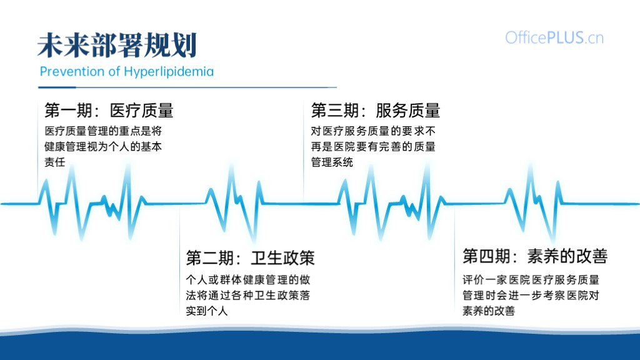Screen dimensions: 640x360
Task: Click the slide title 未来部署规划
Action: point(117,45)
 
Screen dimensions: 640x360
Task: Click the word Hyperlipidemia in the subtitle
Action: point(169,72)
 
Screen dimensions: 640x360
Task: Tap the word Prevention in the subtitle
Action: point(72,71)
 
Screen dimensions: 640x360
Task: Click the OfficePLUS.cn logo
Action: point(554,38)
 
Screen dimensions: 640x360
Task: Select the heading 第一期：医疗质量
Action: point(109,111)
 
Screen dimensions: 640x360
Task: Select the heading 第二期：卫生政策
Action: point(250,258)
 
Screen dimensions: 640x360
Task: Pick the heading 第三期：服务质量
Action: point(376,111)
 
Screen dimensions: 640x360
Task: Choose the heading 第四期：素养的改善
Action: point(535,256)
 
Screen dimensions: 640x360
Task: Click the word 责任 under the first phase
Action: point(55,162)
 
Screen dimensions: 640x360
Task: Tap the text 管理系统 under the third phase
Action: point(332,162)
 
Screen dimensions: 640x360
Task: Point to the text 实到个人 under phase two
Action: point(206,311)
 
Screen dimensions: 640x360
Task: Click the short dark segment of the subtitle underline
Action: point(57,87)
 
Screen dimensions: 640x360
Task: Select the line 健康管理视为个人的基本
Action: point(103,146)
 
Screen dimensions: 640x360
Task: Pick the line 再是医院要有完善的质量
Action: point(373,146)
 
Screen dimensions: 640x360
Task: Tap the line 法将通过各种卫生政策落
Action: point(247,296)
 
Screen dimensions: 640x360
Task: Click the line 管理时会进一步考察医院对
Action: point(531,296)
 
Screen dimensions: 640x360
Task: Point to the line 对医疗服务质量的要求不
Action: point(373,131)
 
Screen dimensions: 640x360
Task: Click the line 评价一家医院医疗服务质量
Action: point(531,280)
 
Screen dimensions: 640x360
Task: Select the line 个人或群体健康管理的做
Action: point(247,280)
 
